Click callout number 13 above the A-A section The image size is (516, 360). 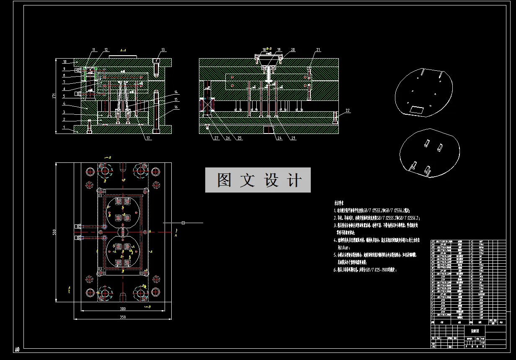tap(163, 49)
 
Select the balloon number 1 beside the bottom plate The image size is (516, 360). tap(64, 126)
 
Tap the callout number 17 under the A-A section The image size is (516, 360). tap(148, 138)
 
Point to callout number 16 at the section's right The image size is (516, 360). tap(176, 107)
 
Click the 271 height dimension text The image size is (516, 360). tap(54, 96)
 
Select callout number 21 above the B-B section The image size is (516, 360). tap(318, 50)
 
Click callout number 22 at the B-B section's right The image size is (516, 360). tap(347, 111)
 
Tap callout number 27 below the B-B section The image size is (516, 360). tap(216, 138)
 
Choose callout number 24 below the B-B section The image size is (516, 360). tap(279, 138)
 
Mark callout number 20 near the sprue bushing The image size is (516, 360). tap(293, 49)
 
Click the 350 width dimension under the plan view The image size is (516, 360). tap(122, 317)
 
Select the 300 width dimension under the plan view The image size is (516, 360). tap(122, 309)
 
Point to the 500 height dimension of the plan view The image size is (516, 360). tap(54, 233)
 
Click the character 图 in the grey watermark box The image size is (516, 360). tap(225, 180)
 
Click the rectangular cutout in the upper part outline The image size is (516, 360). tap(417, 110)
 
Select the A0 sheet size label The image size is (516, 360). tap(17, 349)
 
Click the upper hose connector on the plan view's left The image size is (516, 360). tap(77, 226)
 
